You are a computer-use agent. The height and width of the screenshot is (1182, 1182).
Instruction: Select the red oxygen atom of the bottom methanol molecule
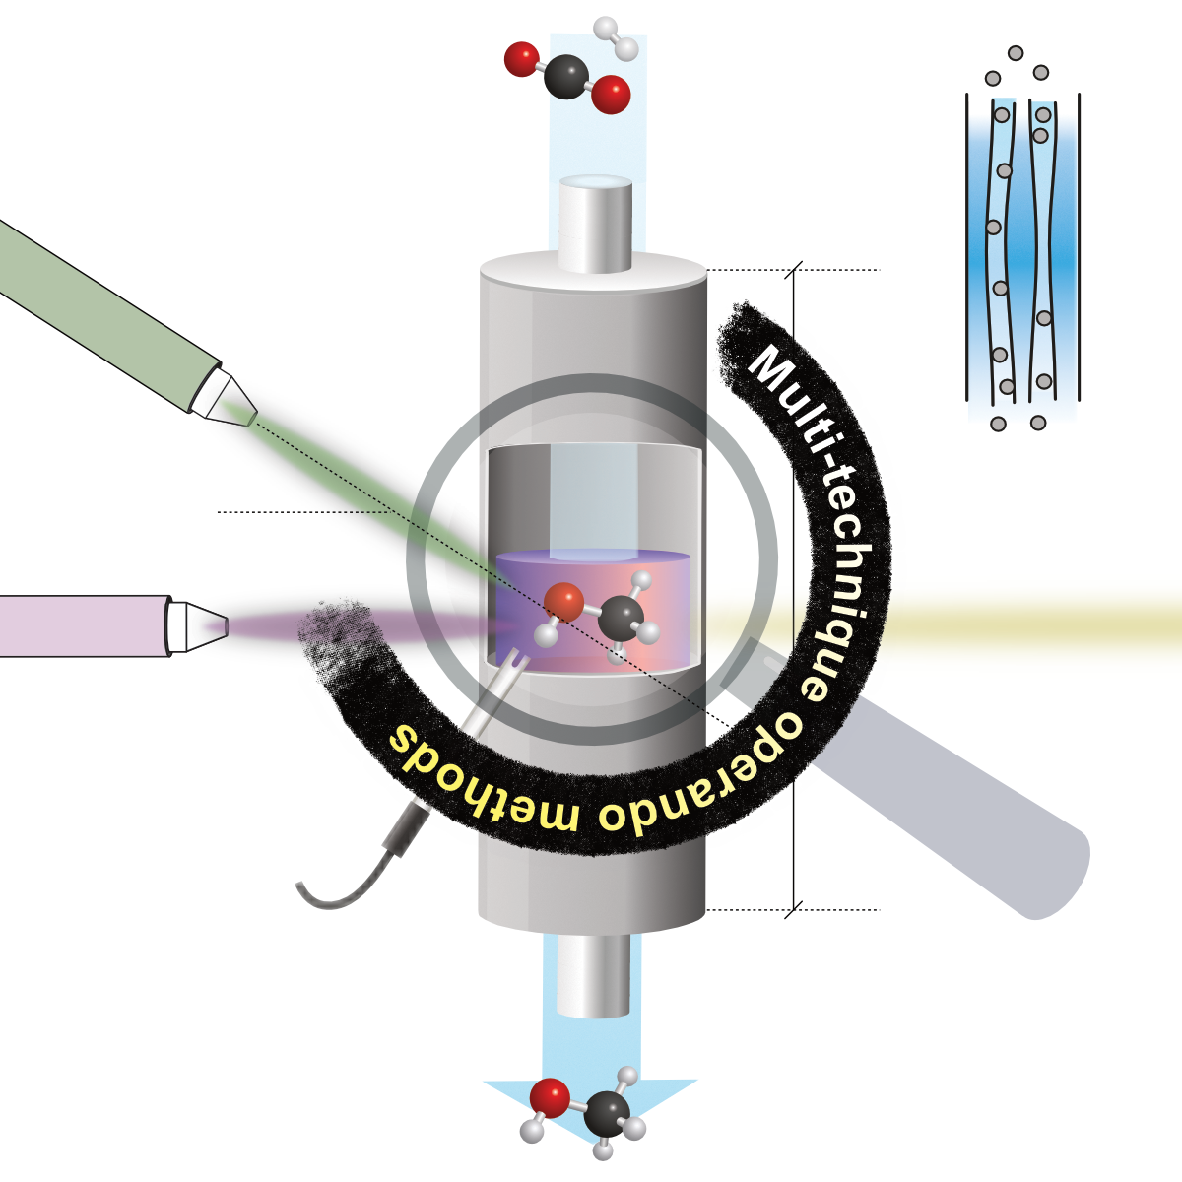click(549, 1096)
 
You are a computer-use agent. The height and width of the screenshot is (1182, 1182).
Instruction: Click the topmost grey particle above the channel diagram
click(1016, 53)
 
